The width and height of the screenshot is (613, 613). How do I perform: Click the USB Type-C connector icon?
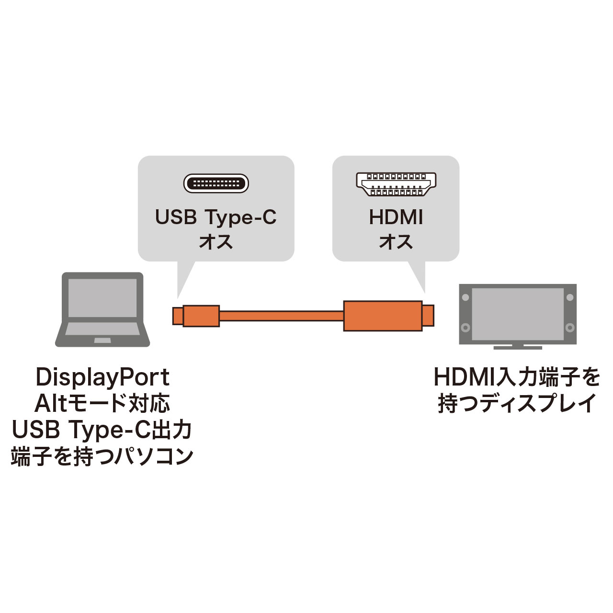[216, 183]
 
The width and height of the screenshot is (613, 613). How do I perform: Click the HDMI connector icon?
[396, 184]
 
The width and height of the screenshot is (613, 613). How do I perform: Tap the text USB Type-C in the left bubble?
[216, 217]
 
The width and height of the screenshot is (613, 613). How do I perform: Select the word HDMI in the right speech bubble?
[396, 217]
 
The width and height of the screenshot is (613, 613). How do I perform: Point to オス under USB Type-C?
[216, 242]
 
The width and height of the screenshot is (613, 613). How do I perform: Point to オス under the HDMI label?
[396, 242]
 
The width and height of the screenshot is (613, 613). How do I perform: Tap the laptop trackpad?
[102, 341]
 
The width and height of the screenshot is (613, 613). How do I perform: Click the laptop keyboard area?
[102, 329]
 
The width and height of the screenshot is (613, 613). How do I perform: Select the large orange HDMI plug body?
[383, 316]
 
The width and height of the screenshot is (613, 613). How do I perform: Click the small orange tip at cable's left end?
[178, 316]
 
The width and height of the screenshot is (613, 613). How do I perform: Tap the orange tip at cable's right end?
[428, 316]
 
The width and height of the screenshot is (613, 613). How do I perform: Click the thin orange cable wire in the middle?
[281, 316]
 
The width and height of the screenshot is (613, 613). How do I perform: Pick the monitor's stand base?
[518, 347]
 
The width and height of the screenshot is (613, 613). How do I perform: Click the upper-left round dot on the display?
[465, 297]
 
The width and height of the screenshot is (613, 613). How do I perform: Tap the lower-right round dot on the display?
[570, 327]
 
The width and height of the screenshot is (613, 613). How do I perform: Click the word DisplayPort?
[102, 378]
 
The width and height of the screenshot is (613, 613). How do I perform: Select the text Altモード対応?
[102, 403]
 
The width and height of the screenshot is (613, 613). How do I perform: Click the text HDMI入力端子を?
[517, 377]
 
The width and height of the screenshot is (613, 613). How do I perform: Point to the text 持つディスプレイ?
[517, 403]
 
